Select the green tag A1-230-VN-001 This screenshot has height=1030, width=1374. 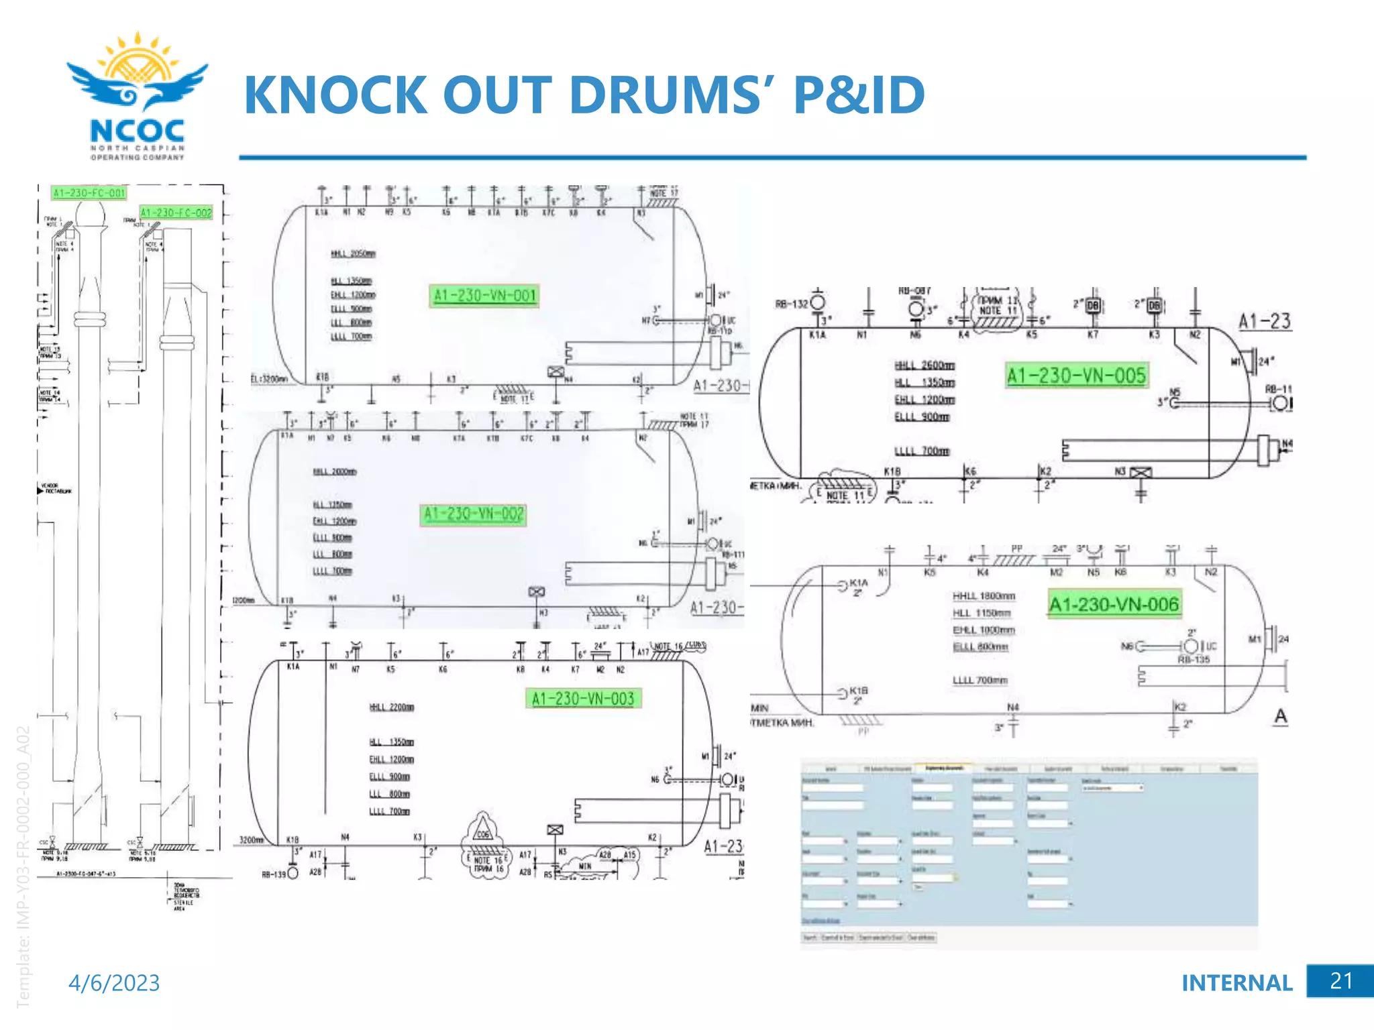pos(484,296)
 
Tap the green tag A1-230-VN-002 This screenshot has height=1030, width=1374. pos(473,514)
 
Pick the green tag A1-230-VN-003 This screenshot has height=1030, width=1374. pos(582,699)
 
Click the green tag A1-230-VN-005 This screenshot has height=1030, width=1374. pos(1076,376)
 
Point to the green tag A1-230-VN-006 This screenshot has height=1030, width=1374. pos(1114,605)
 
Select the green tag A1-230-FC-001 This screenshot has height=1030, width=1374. pos(89,193)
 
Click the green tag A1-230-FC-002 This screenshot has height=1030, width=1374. pos(176,213)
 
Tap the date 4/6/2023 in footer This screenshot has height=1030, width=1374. pos(114,983)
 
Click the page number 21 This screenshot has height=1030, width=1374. pos(1340,981)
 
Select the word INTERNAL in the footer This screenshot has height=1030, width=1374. pos(1236,983)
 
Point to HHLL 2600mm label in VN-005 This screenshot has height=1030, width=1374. pos(924,365)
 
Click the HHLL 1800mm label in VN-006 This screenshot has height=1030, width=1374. pos(984,596)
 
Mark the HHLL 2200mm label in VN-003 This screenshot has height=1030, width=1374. pos(391,707)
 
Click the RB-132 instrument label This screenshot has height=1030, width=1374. pos(792,304)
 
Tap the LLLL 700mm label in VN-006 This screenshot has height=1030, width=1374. pos(980,681)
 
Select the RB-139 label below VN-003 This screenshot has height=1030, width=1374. pos(273,874)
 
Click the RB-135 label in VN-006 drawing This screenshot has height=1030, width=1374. pos(1194,660)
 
